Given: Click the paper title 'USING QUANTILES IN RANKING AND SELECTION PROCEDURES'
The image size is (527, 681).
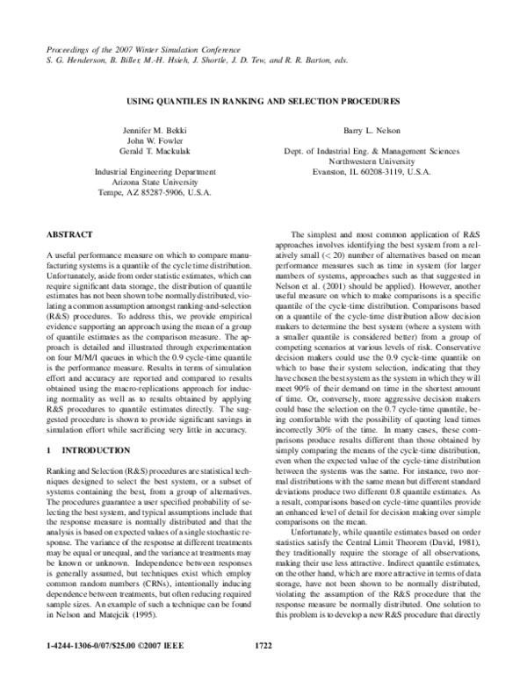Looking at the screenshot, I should (263, 101).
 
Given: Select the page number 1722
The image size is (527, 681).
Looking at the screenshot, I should (263, 669).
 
